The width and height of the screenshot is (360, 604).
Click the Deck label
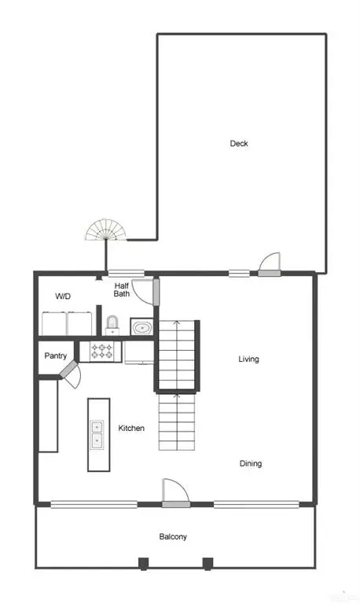coord(239,143)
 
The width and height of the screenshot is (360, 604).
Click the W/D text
coord(64,296)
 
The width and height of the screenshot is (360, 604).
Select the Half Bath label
coord(122,289)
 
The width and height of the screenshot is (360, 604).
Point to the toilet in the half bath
coord(112,324)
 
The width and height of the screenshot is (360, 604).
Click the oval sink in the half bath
coord(141,327)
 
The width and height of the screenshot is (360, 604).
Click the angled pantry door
coord(70,373)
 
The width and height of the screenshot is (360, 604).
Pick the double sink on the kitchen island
coord(97,434)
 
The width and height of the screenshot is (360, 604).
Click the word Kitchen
coord(131,428)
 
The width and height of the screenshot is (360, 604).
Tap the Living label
coord(248,359)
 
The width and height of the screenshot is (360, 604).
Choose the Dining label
coord(251,463)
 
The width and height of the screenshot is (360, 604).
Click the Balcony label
coord(173,536)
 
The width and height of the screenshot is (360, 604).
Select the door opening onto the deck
coord(270,265)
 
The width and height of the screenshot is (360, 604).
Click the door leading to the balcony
coord(174,492)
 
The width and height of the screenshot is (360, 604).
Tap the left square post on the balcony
coord(143,562)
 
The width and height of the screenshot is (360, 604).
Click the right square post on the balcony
coord(208,562)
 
